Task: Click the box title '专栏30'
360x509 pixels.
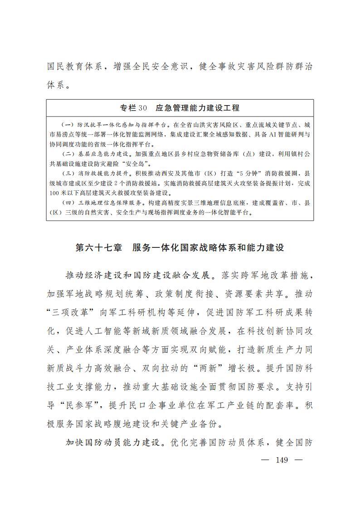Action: coord(134,108)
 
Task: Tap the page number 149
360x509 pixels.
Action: coord(282,460)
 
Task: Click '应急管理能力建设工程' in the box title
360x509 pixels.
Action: coord(197,108)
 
